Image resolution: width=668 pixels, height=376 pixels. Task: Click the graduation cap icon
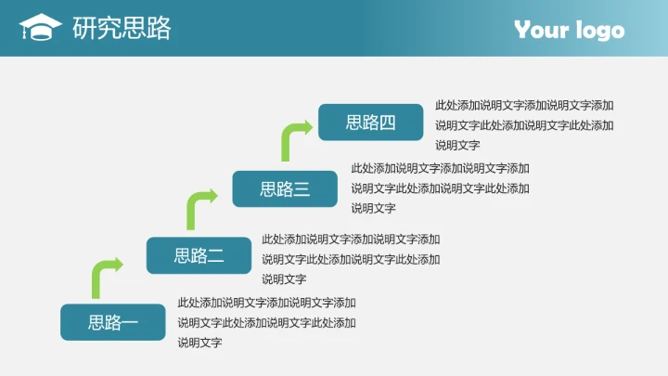tap(40, 28)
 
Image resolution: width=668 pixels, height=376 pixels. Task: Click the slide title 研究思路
tap(122, 29)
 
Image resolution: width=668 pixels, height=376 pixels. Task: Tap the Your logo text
tap(569, 30)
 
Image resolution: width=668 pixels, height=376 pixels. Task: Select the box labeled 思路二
tap(199, 255)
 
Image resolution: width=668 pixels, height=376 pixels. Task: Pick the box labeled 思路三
tap(285, 189)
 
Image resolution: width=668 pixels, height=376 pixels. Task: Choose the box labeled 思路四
tap(370, 123)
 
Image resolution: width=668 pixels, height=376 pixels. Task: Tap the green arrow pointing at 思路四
tap(294, 139)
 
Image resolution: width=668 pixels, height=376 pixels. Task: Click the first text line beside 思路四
tap(524, 105)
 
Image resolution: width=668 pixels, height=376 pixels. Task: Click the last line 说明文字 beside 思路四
tap(457, 145)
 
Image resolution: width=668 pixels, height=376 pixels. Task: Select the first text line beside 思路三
tap(440, 168)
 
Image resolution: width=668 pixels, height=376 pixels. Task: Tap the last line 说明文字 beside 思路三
tap(373, 208)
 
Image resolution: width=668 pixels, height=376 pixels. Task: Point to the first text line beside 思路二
tap(351, 239)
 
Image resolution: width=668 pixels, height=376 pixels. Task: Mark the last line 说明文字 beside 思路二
tap(284, 279)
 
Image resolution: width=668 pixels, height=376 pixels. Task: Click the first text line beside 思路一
tap(266, 302)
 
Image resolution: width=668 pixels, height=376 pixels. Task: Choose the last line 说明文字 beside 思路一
tap(199, 343)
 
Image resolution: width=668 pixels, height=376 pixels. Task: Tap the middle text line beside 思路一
tap(266, 322)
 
